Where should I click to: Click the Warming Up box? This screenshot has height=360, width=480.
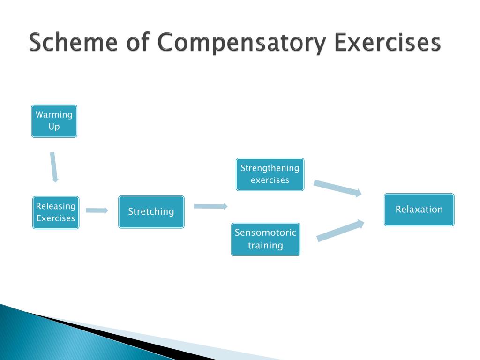tap(54, 121)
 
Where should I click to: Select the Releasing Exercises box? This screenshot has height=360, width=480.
tap(56, 212)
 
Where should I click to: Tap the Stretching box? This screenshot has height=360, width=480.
tap(151, 212)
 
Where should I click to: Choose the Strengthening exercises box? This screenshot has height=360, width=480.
tap(270, 174)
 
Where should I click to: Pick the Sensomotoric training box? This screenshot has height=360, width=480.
tap(265, 239)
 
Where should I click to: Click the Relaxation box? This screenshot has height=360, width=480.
tap(419, 210)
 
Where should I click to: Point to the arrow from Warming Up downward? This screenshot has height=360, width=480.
tap(54, 167)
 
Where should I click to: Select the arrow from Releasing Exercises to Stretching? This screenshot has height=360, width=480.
tap(97, 210)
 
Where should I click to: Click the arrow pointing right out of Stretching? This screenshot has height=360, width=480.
tap(210, 206)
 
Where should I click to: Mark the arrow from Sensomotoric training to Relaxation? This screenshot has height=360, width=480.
tap(340, 231)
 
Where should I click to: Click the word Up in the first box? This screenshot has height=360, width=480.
tap(54, 127)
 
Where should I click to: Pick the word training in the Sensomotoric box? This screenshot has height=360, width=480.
tap(265, 245)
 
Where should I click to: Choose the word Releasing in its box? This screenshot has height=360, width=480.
tap(55, 206)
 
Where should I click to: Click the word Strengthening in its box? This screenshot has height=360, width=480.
tap(270, 168)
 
